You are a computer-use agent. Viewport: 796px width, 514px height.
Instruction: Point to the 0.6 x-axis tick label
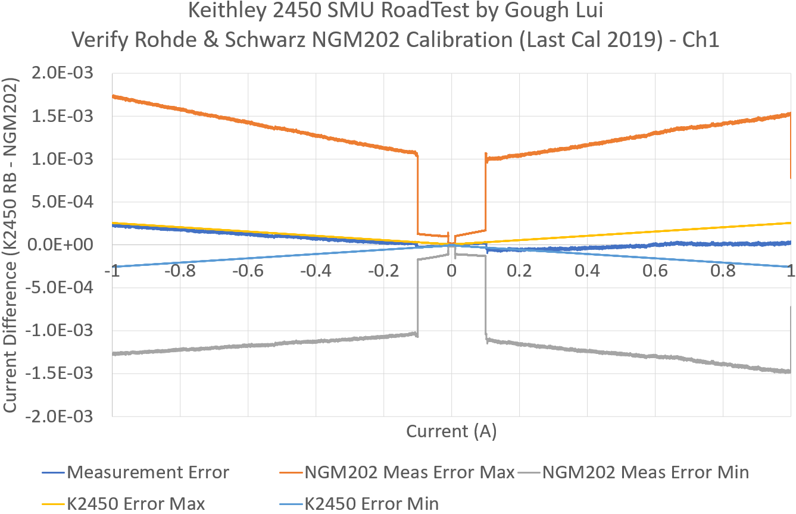point(654,271)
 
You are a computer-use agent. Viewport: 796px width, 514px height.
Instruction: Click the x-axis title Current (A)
point(451,431)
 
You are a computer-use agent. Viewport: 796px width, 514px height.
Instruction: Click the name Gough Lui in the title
point(569,10)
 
